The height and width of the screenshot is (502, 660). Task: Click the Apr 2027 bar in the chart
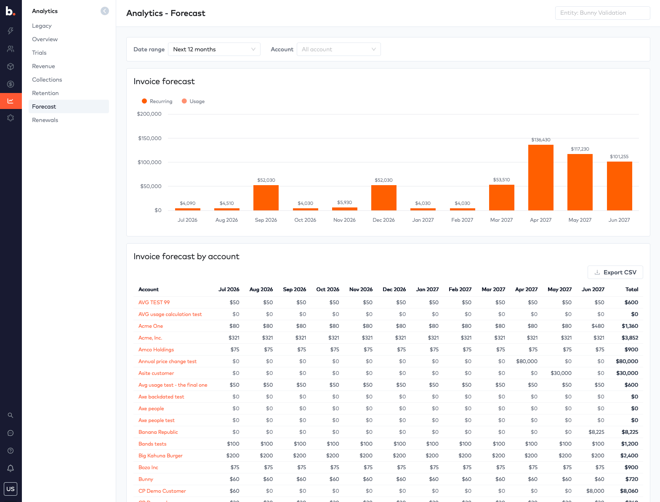coord(540,177)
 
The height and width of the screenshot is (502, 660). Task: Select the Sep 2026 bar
coord(266,197)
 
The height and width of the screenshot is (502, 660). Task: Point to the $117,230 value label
coord(580,149)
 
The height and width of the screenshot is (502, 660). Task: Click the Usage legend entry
coord(193,101)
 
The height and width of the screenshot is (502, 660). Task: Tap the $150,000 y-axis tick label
coord(149,138)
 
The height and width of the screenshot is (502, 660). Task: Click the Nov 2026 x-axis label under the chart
coord(344,220)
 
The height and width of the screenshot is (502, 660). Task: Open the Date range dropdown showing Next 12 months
coord(214,49)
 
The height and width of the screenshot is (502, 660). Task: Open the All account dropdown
coord(338,49)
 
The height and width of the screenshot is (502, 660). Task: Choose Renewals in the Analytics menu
coord(45,120)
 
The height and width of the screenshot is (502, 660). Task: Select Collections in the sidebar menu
coord(47,80)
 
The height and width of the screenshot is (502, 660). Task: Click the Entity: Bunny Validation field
coord(602,13)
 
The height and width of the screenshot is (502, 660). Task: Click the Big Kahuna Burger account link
coord(160,455)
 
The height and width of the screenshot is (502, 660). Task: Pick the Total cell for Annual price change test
coord(627,361)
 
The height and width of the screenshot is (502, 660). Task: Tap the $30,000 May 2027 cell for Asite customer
coord(561,373)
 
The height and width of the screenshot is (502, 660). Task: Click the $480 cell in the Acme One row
coord(597,326)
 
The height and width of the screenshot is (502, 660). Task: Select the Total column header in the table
coord(631,290)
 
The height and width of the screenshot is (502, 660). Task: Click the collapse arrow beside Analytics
coord(105,11)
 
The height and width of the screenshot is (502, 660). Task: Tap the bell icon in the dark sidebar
coord(11,468)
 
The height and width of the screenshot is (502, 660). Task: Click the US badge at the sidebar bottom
coord(11,489)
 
